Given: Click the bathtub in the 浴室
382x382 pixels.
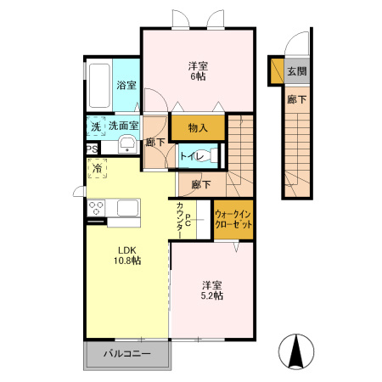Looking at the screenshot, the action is coord(99,86).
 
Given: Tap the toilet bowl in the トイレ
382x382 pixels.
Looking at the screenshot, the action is coord(206,155).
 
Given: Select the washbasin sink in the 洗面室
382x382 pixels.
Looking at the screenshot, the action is coord(127,144).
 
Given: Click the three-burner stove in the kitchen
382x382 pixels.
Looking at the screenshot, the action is coord(96,208).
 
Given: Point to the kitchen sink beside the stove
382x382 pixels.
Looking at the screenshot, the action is coord(128,208).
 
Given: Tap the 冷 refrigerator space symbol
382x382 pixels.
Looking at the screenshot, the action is coord(98,168).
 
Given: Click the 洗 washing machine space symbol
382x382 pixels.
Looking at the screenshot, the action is coord(96,126).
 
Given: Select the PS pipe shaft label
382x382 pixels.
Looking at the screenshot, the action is coord(92,149).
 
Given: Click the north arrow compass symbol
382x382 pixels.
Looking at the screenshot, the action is coord(296,351).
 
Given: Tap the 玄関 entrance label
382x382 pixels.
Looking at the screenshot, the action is coord(297,71).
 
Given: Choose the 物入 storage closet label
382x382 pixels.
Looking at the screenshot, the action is coord(198,128).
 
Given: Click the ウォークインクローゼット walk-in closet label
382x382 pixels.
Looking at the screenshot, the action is coord(233,219).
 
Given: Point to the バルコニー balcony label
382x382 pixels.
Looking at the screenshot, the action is coord(127,353).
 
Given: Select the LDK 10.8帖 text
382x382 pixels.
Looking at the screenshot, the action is coord(127,256).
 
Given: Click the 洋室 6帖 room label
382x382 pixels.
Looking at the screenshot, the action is coord(198,71).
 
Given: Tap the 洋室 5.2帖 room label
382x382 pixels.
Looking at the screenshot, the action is coord(212,290).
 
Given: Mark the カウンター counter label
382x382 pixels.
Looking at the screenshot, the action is coord(179,220).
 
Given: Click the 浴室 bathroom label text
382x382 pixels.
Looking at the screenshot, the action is coord(126,85).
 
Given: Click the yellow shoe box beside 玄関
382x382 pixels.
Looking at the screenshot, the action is coord(277,71).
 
